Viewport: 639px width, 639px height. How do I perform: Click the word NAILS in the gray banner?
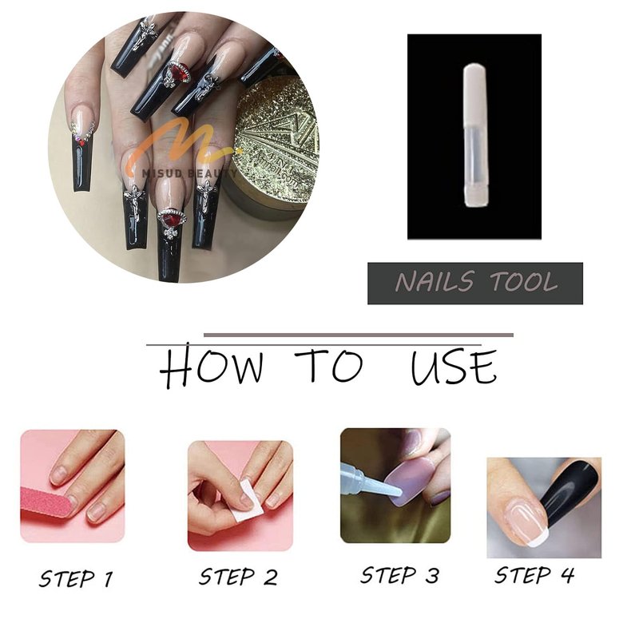(x=435, y=282)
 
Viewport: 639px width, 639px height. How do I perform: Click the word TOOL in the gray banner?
(x=524, y=282)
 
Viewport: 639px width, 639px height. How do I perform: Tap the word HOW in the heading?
(x=212, y=365)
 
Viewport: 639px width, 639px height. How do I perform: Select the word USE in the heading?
(x=454, y=367)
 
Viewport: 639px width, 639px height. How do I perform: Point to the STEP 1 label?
(x=76, y=578)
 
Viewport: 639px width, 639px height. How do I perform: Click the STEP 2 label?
(x=238, y=577)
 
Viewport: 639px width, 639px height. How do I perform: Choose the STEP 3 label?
(x=400, y=575)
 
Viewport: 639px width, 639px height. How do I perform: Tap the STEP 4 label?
(x=534, y=575)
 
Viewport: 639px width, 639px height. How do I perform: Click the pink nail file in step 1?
(x=47, y=502)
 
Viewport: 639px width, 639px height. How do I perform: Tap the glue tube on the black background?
(x=474, y=135)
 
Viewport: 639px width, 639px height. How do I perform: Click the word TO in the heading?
(x=329, y=365)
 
